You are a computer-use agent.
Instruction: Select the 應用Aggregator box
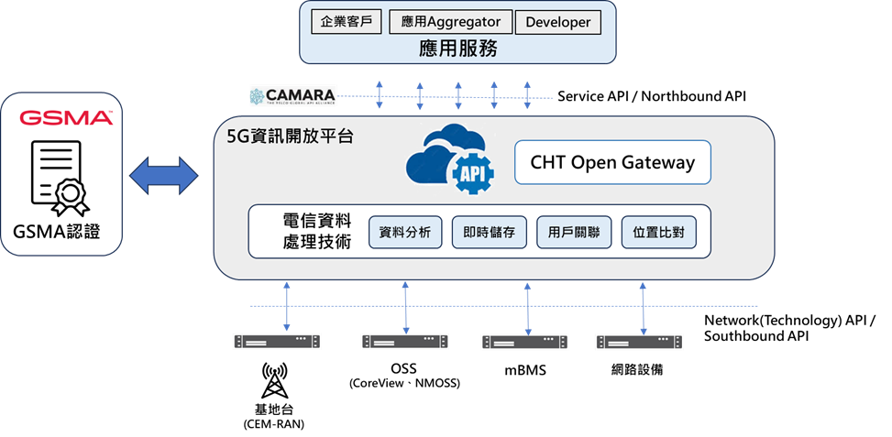[x=450, y=21]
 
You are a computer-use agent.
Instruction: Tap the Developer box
[x=558, y=22]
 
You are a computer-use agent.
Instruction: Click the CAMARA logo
[x=292, y=95]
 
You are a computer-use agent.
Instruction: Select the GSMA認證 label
[x=62, y=232]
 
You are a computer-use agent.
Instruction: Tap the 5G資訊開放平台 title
[x=290, y=137]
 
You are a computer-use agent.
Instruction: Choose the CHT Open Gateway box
[x=612, y=163]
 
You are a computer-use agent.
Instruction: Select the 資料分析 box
[x=405, y=233]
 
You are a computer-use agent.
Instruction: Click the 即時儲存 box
[x=490, y=233]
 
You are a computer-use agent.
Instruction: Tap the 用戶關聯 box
[x=574, y=233]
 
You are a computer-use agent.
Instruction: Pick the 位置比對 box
[x=658, y=233]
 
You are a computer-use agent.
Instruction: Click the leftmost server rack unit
[x=277, y=341]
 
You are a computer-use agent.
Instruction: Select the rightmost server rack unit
[x=640, y=342]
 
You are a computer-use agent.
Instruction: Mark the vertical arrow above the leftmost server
[x=289, y=305]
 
